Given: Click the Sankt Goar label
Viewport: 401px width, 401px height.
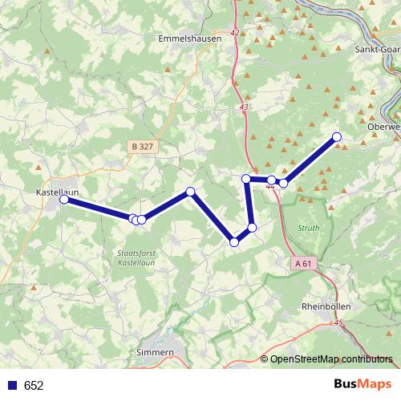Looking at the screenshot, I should (378, 49).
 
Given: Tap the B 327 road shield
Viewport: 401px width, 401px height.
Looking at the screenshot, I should (140, 147).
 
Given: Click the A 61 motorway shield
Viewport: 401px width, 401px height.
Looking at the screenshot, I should (302, 263).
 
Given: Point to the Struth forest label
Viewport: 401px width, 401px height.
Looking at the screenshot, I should (308, 228).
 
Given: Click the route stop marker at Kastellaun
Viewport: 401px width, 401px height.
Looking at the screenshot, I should (64, 200).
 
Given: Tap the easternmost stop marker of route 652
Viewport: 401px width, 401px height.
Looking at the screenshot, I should (337, 136).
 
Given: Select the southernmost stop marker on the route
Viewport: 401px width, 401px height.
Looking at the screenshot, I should (234, 241).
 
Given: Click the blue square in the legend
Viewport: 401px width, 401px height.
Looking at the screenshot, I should (11, 385).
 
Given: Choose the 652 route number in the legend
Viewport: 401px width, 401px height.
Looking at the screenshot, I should (34, 386).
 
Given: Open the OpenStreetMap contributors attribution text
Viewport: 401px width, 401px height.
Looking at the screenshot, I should (331, 359).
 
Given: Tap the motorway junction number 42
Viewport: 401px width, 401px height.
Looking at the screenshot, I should (234, 33).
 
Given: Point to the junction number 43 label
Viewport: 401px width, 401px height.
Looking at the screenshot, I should (244, 107).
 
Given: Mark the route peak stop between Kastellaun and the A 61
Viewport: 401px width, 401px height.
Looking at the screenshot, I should (190, 191).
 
